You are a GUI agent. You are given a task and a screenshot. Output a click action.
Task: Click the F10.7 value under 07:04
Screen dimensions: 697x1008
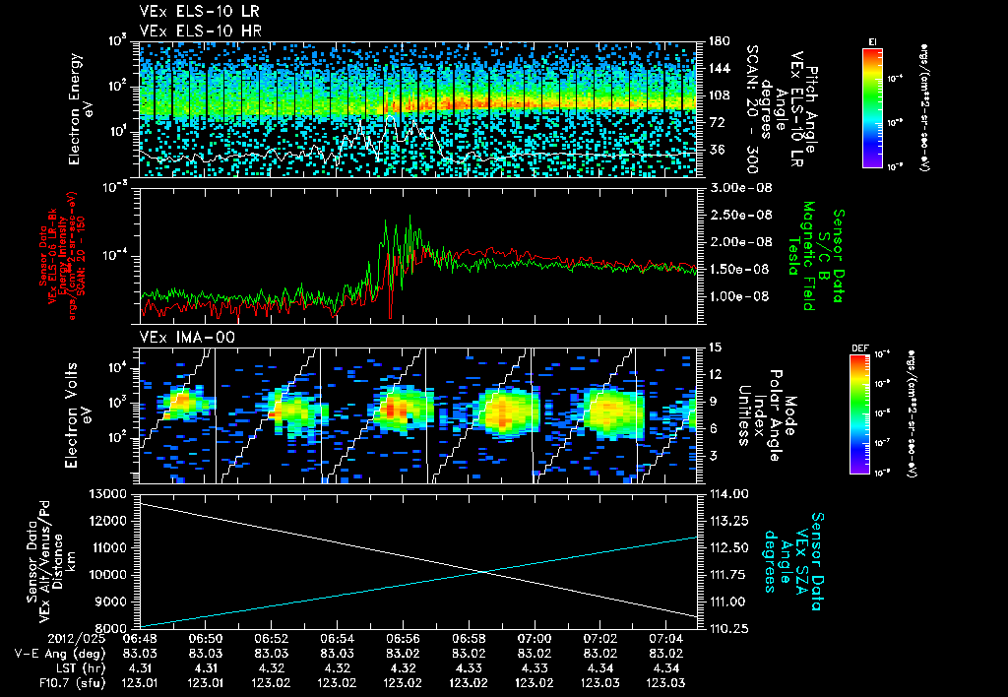pos(665,682)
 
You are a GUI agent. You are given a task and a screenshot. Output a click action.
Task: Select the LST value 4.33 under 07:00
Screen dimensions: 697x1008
pos(535,667)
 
